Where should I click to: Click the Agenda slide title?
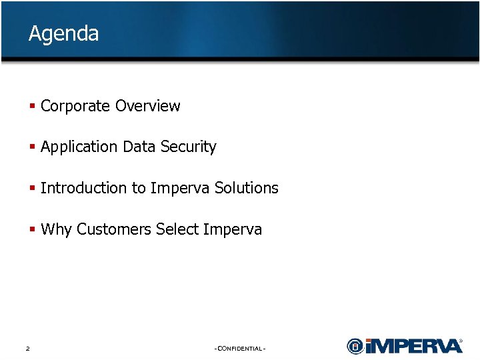pos(63,33)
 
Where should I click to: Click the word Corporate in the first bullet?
pos(75,106)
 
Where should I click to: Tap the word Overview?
pos(147,106)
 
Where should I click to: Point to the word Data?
pos(139,147)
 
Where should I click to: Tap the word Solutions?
pos(246,188)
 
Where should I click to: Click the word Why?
pos(56,229)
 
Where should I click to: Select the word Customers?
pos(114,229)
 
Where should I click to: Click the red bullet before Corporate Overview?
pos(32,106)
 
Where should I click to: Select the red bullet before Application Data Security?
pos(32,147)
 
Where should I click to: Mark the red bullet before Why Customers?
pos(32,229)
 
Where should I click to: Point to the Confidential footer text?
pos(240,349)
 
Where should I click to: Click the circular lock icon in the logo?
pos(356,346)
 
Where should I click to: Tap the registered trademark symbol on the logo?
pos(461,341)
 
